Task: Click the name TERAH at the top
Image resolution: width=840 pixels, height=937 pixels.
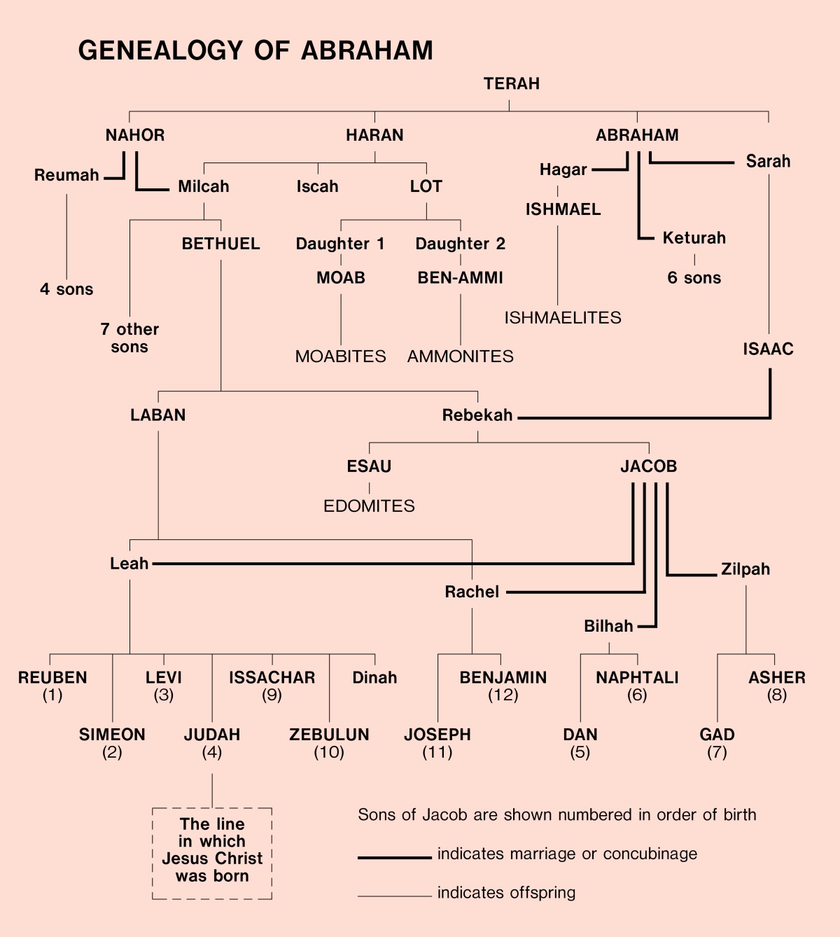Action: (512, 84)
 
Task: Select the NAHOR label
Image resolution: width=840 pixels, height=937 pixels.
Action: (135, 135)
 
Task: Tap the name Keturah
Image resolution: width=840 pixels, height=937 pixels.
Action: (694, 238)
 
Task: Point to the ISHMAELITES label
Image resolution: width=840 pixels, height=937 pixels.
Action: (563, 318)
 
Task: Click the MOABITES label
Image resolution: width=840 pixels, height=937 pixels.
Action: (340, 356)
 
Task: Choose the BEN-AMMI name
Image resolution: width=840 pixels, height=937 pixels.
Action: (460, 278)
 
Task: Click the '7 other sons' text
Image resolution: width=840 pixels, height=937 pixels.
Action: (129, 338)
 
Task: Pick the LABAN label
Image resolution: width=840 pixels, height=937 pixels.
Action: (158, 415)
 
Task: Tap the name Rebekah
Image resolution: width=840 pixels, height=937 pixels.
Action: (477, 415)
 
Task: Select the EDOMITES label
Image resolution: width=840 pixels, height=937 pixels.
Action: (369, 506)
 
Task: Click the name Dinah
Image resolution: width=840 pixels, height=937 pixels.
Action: (374, 678)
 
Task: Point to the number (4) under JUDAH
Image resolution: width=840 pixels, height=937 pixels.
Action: (212, 753)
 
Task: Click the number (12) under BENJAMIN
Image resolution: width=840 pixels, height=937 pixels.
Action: (503, 695)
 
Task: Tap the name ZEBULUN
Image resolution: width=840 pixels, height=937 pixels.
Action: (329, 735)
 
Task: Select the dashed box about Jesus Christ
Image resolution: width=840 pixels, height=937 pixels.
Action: (212, 853)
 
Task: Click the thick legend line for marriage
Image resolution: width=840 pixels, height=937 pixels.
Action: (394, 857)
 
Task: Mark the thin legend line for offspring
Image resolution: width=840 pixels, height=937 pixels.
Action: (394, 896)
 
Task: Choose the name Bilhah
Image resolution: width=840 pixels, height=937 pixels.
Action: (608, 626)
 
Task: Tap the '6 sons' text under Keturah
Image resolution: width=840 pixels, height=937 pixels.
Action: (694, 278)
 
